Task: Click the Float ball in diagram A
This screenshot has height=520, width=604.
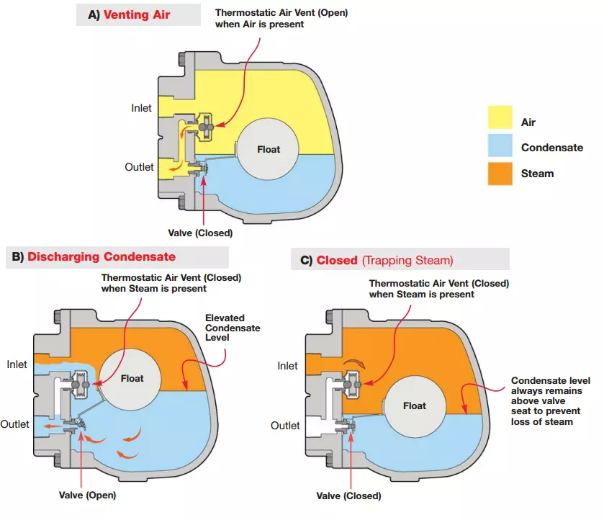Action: (268, 149)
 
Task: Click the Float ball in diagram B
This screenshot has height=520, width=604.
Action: (132, 377)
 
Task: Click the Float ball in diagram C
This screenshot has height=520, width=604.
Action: (414, 405)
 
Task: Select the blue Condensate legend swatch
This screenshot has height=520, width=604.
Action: (500, 146)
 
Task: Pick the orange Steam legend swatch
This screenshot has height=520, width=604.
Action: (500, 174)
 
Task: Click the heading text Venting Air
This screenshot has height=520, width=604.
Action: (137, 14)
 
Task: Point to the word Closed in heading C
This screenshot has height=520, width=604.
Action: (337, 260)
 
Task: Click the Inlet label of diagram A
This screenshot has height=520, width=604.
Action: (141, 108)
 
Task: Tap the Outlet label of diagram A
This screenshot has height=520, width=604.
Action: (139, 167)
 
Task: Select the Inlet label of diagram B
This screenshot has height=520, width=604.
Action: (17, 364)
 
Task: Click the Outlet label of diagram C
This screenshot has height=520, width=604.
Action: (286, 426)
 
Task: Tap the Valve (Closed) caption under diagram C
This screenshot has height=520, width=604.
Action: (348, 496)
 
